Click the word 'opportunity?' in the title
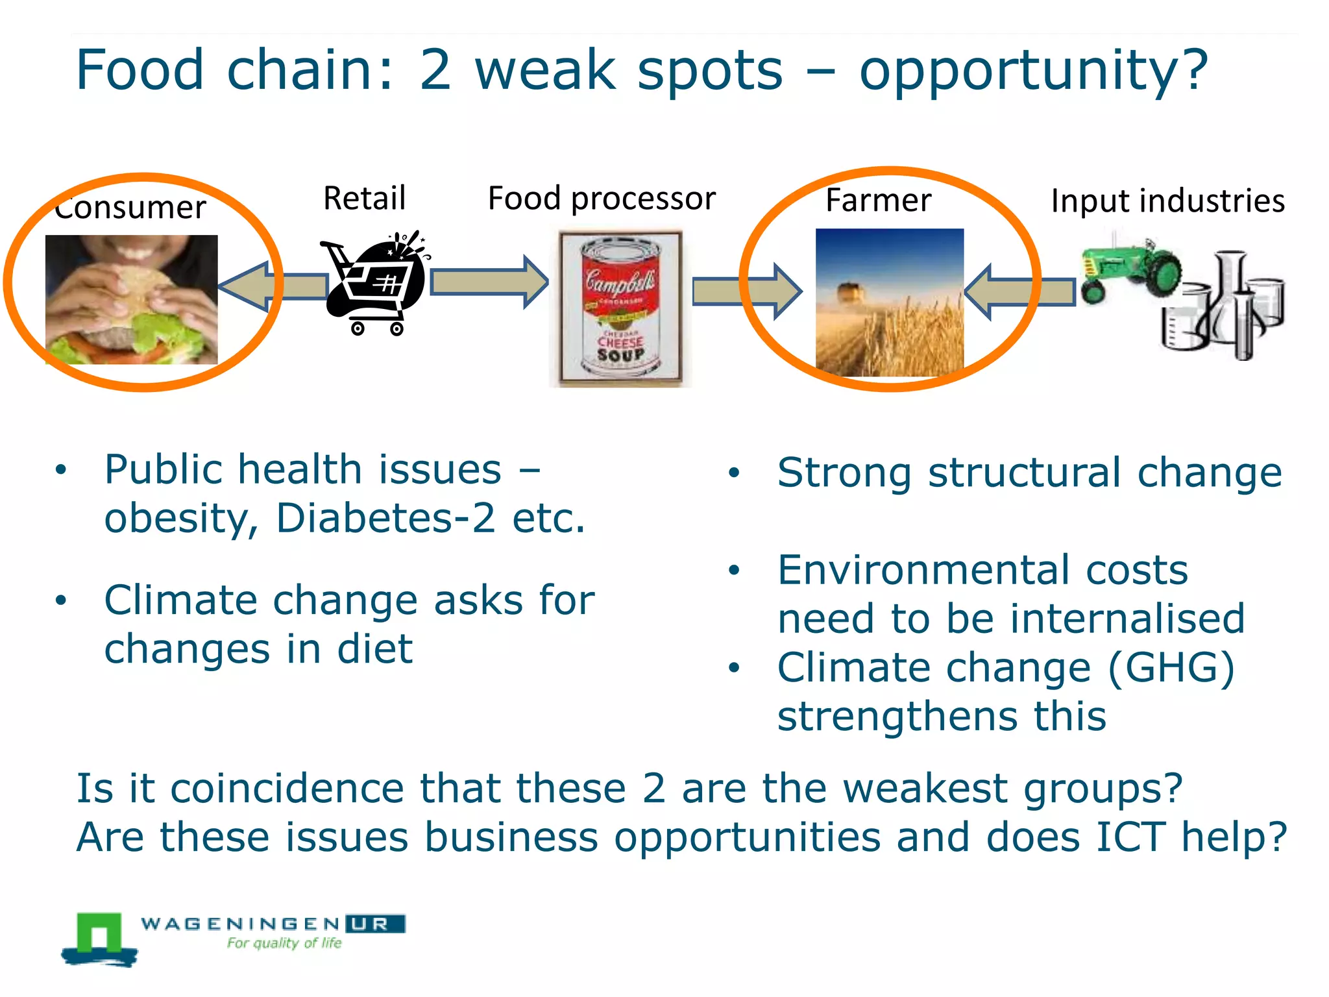coord(1033,71)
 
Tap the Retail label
coord(365,198)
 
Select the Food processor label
coord(602,199)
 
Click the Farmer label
coord(878,200)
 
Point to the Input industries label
coord(1167,201)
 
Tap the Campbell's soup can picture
coord(620,308)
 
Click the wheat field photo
coord(889,302)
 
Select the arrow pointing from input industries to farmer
coord(1019,291)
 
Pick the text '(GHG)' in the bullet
coord(1171,668)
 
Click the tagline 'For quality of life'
coord(284,943)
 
